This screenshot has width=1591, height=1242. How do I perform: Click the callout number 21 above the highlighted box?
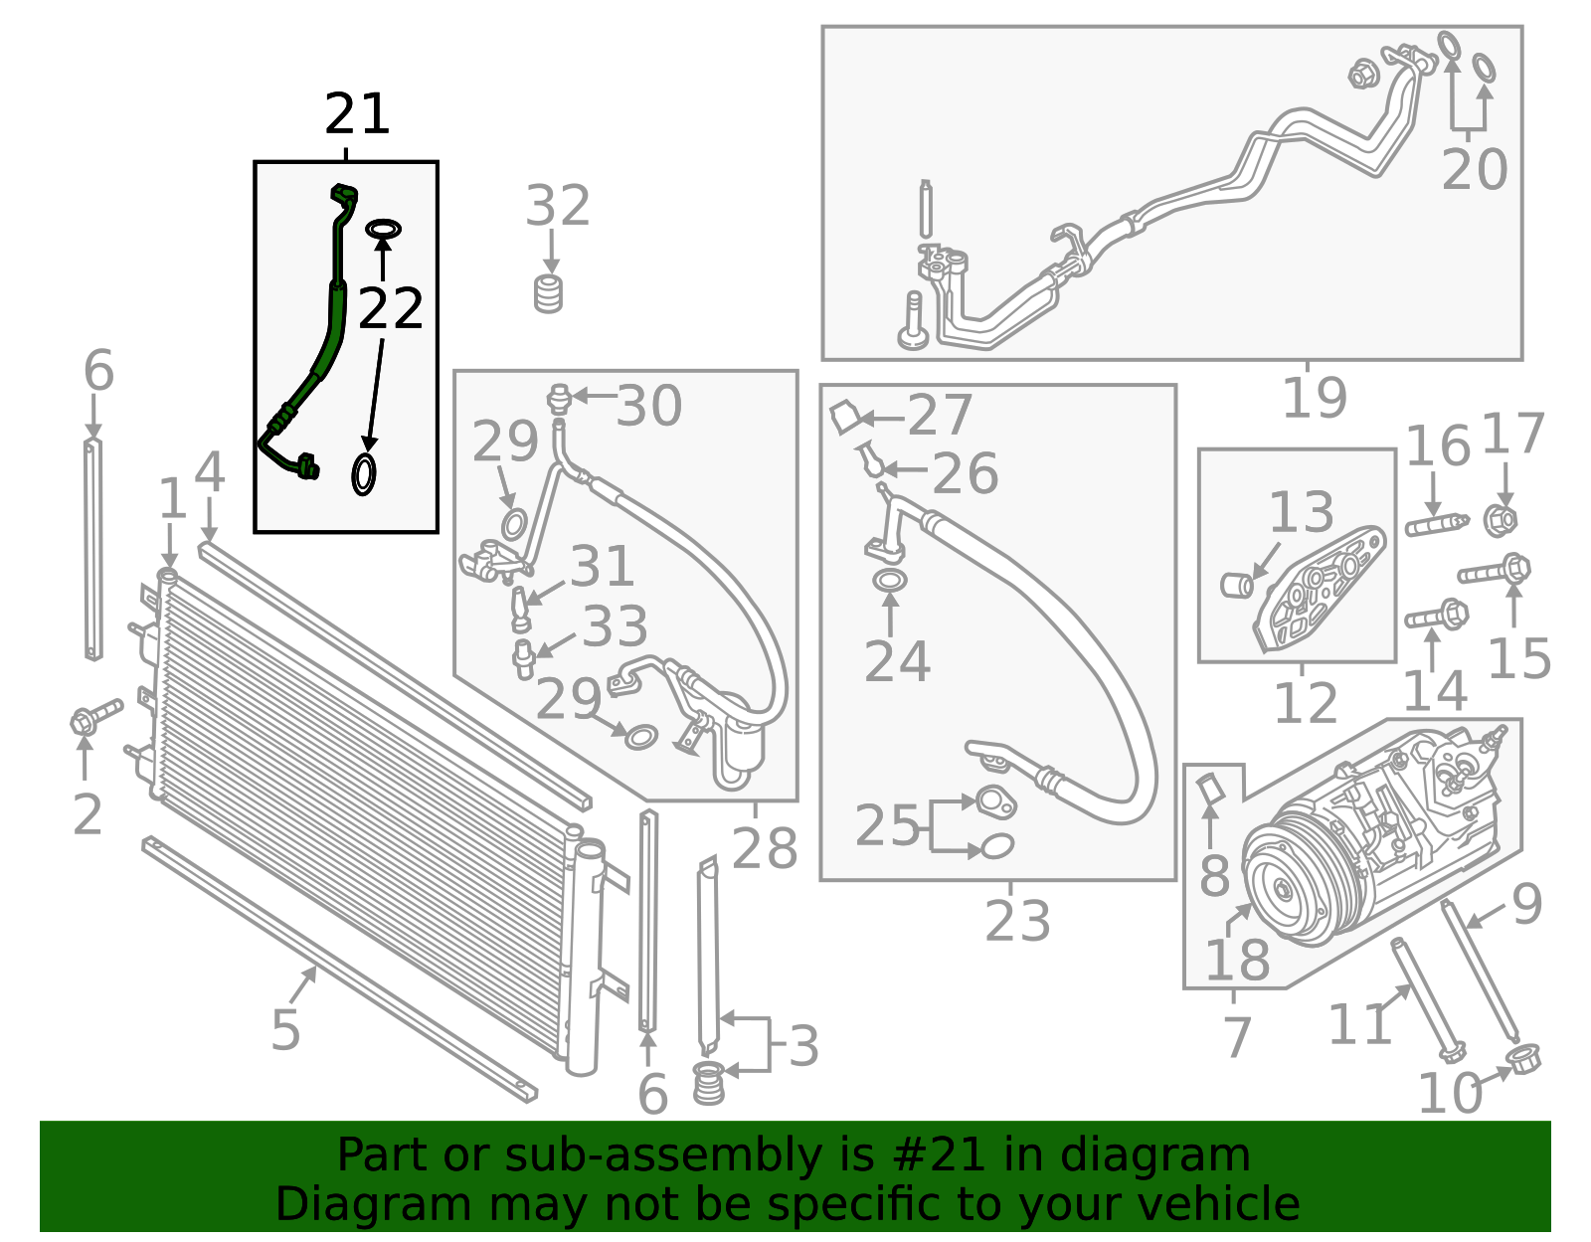click(357, 114)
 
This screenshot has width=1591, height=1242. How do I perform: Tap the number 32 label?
click(557, 206)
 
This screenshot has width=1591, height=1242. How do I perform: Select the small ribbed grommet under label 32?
click(548, 294)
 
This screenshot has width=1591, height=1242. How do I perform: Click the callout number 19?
click(1315, 398)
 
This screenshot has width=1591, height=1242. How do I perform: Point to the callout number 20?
click(1474, 169)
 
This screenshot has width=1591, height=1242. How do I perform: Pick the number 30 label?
click(648, 406)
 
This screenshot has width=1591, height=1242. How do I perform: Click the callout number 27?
click(940, 415)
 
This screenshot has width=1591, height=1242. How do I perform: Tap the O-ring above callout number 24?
click(890, 581)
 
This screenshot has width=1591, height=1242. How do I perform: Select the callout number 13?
click(1301, 511)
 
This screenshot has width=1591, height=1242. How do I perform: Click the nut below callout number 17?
click(1501, 520)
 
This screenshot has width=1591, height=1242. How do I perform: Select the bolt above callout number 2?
click(96, 717)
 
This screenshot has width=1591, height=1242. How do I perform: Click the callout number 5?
click(285, 1030)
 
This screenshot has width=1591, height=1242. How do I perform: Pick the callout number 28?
click(765, 848)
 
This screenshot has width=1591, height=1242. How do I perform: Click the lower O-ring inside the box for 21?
click(364, 474)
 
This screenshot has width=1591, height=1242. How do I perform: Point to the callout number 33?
click(615, 626)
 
